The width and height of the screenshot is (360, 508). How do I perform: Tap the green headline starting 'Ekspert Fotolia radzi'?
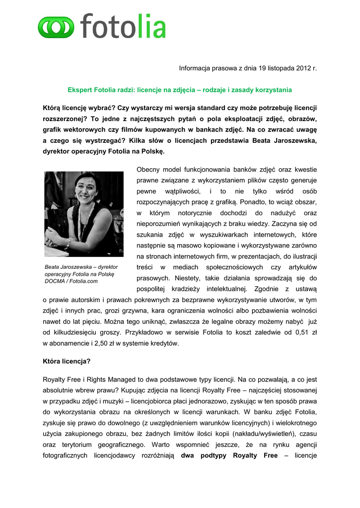(x=180, y=90)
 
